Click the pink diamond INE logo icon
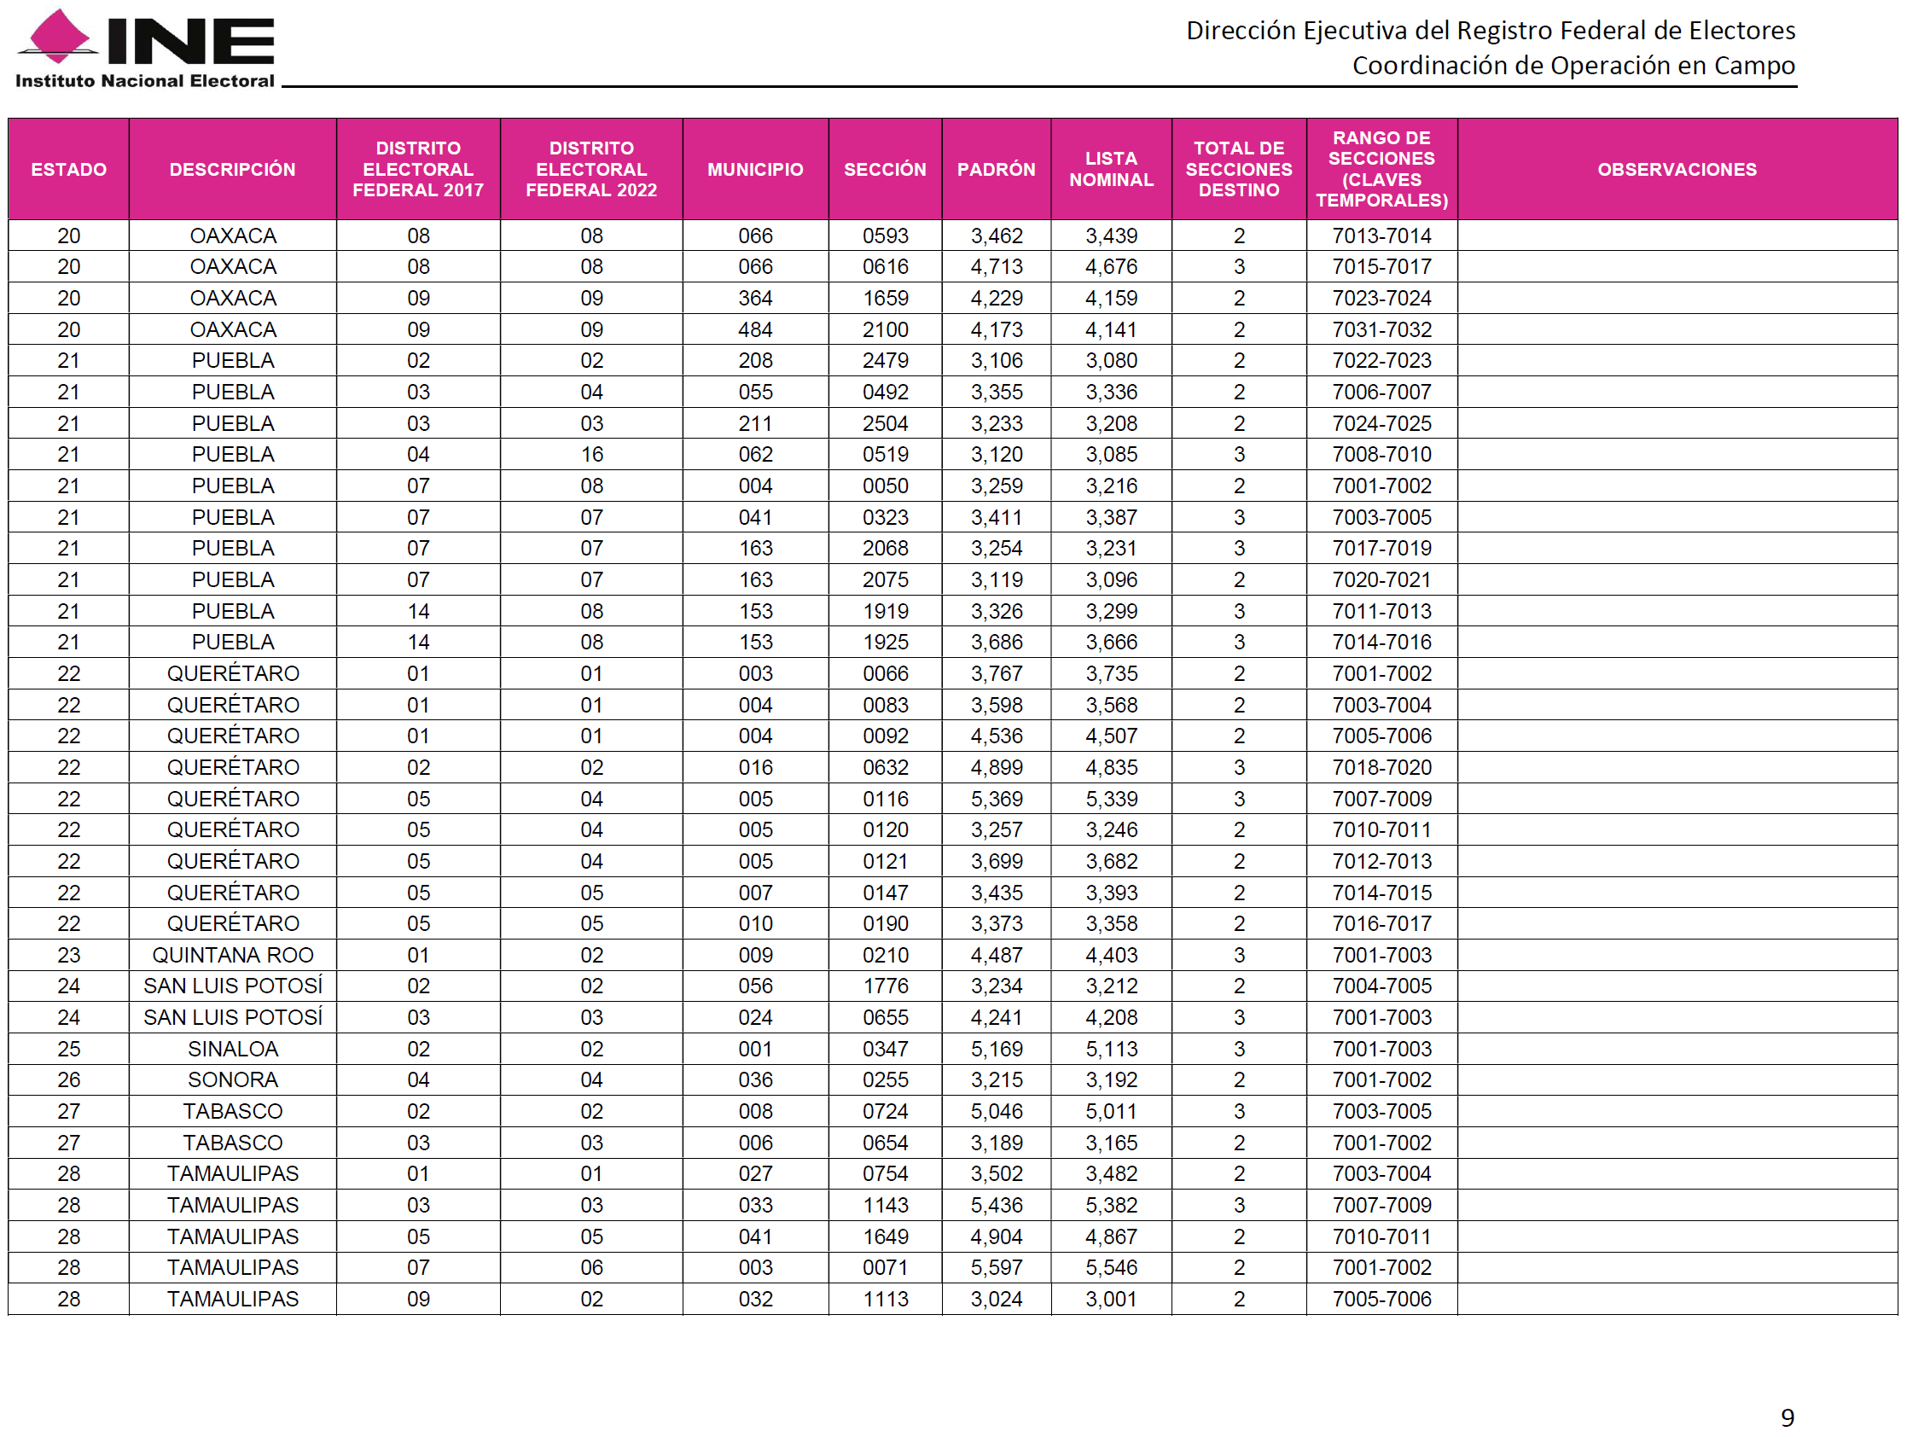point(57,37)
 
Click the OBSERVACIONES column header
point(1676,169)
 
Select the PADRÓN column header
point(996,169)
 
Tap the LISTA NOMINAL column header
point(1110,169)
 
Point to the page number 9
point(1788,1417)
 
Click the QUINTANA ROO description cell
point(233,955)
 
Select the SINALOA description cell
point(233,1049)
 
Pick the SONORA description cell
point(233,1080)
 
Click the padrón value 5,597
point(996,1268)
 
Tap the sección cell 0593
point(886,236)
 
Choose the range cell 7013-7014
point(1381,236)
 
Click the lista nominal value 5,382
point(1110,1205)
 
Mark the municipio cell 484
point(755,329)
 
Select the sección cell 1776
point(886,986)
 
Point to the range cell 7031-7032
point(1381,329)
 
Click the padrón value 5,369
point(996,799)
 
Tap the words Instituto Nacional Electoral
point(145,81)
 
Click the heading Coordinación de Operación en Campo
point(1573,66)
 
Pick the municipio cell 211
point(755,423)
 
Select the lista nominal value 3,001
point(1110,1299)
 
